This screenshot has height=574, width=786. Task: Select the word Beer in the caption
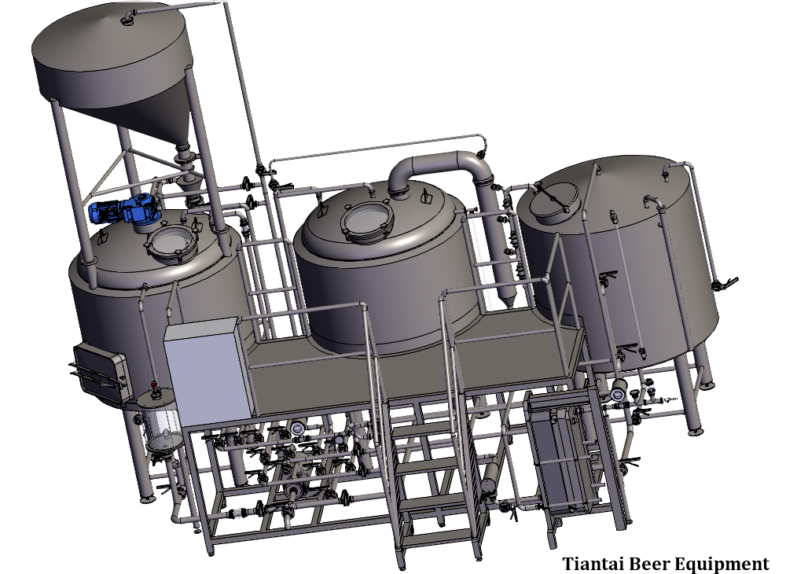651,563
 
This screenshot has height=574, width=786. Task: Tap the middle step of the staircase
428,469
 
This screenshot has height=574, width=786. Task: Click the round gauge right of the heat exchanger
617,391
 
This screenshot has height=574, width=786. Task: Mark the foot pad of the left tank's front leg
146,497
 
